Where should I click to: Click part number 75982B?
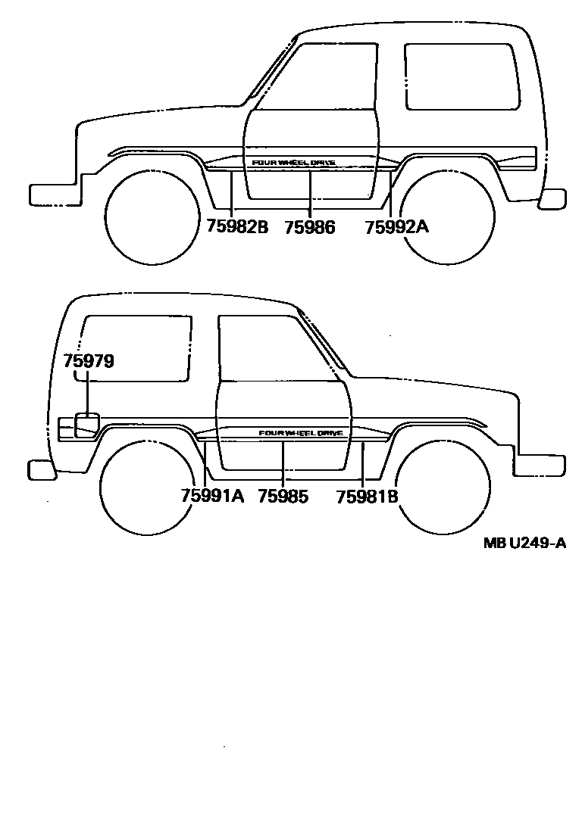237,226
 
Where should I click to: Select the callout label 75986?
310,226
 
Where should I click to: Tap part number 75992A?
396,226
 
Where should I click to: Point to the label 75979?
89,361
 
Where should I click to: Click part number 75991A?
212,496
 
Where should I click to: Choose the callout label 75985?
283,496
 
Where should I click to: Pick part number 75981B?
368,496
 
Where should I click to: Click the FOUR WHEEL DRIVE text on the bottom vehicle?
301,433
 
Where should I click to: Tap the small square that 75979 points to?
87,424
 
